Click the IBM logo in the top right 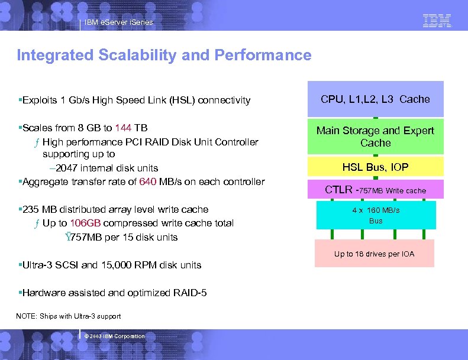pos(437,21)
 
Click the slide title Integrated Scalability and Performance pos(164,56)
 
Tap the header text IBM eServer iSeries pos(118,22)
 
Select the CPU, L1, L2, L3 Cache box pos(375,99)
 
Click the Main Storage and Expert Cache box pos(375,137)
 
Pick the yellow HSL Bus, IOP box pos(375,167)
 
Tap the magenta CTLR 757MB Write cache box pos(375,190)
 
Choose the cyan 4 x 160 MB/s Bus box pos(375,215)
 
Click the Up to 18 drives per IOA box pos(374,254)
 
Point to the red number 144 pos(123,128)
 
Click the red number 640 pos(147,182)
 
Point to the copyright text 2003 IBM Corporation pos(115,336)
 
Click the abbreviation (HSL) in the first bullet pos(182,100)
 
